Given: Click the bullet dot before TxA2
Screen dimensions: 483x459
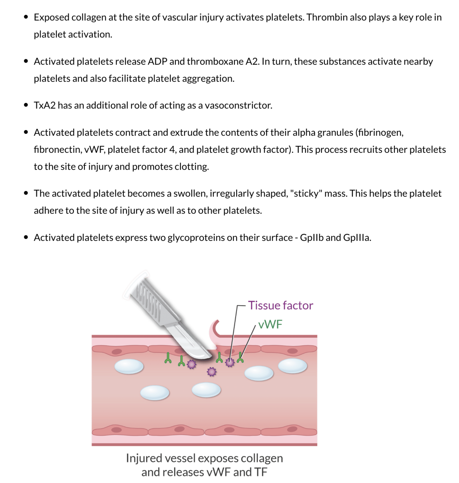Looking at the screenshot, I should (x=26, y=105).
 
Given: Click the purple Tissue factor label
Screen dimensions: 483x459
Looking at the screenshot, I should (x=280, y=305).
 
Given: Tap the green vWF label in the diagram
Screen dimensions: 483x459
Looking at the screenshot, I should (x=270, y=324).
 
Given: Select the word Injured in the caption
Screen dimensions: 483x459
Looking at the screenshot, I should (x=144, y=458).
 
